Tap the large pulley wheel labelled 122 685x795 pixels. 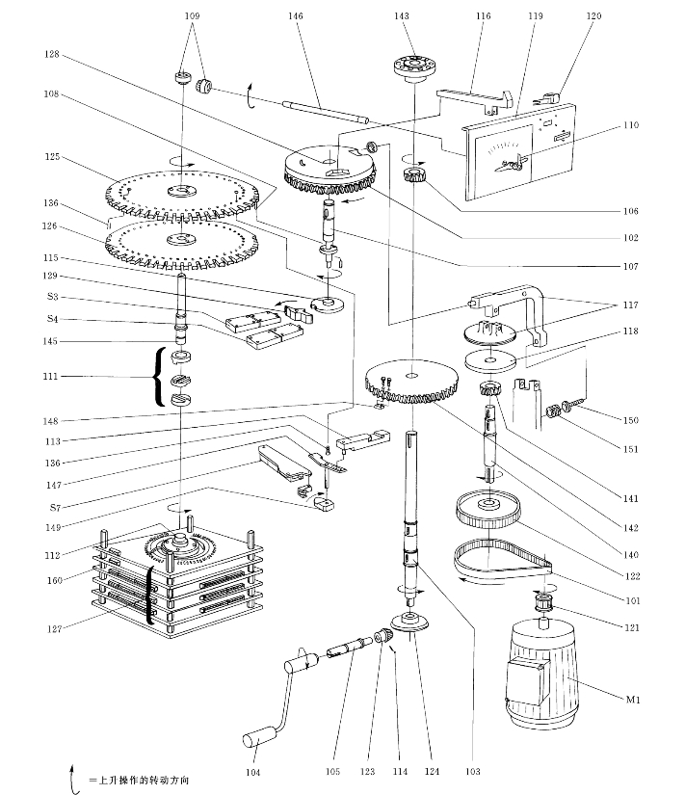[490, 508]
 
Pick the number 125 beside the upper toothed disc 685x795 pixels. [52, 156]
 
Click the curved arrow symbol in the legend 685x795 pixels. [72, 778]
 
